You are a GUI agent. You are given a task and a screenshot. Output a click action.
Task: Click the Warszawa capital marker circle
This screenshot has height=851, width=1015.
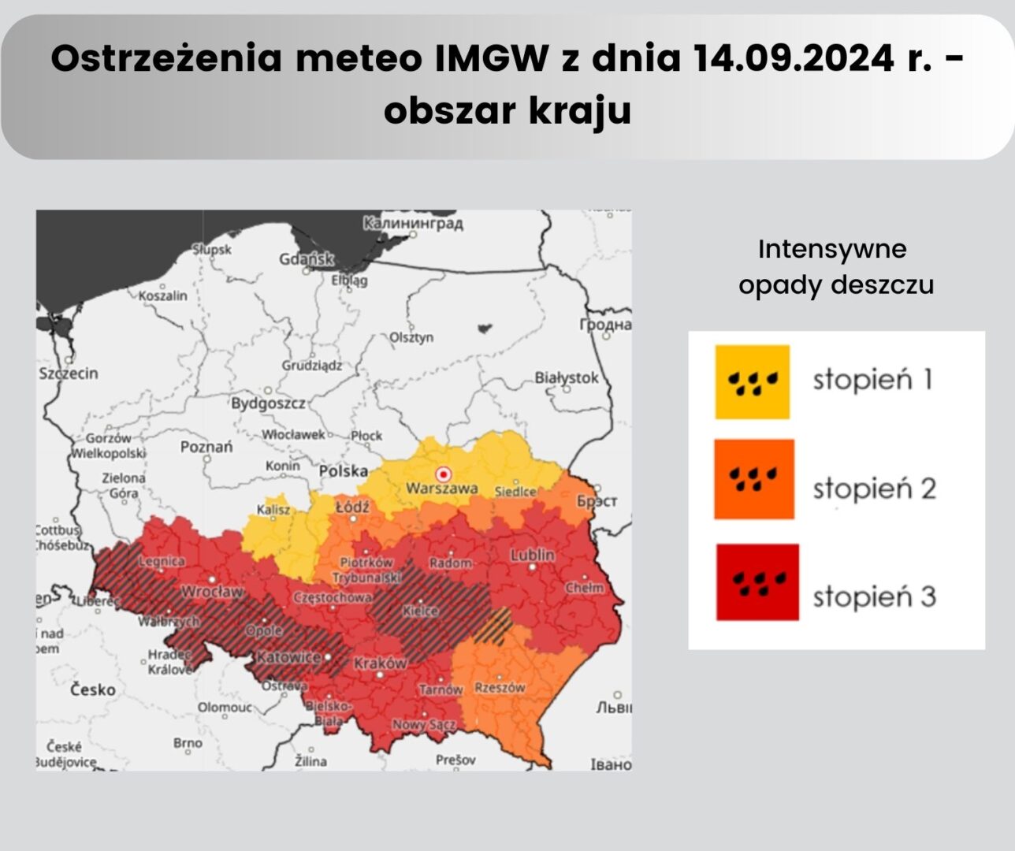click(x=444, y=474)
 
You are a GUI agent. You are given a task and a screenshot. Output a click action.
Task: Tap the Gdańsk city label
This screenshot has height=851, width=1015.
click(x=307, y=259)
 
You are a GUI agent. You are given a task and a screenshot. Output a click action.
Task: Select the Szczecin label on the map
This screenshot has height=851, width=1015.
click(x=69, y=373)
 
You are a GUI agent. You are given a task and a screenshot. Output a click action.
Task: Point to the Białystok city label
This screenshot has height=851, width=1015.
click(x=567, y=378)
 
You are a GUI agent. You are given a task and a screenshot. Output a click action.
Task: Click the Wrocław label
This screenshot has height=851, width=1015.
click(x=212, y=591)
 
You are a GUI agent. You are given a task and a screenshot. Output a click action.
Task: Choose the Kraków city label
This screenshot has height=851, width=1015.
click(x=380, y=663)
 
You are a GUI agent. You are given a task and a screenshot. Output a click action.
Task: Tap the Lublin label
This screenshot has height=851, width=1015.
click(x=533, y=555)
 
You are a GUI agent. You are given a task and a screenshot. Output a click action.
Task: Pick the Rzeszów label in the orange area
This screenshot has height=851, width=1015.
click(x=500, y=687)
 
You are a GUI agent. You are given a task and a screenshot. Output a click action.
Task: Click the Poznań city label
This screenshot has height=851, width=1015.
click(x=206, y=447)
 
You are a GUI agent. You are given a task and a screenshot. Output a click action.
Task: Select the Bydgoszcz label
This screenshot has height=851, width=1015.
click(x=268, y=403)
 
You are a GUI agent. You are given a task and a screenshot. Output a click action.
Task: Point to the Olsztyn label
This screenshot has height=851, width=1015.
click(x=411, y=337)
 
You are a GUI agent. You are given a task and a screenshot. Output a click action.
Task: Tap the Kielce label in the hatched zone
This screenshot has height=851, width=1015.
click(x=420, y=611)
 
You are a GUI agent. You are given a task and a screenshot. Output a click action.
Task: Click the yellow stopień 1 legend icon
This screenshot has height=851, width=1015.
click(x=753, y=382)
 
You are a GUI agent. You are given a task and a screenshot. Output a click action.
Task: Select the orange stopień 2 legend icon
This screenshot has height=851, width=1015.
click(x=754, y=479)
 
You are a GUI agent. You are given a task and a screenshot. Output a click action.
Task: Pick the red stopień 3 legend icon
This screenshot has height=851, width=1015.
click(x=757, y=582)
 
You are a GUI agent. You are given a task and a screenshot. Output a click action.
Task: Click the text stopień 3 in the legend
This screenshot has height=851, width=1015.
click(x=874, y=596)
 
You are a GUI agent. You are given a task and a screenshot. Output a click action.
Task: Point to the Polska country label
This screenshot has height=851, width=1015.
click(x=344, y=471)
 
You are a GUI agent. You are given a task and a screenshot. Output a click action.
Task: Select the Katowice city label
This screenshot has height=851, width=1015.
click(x=288, y=656)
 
